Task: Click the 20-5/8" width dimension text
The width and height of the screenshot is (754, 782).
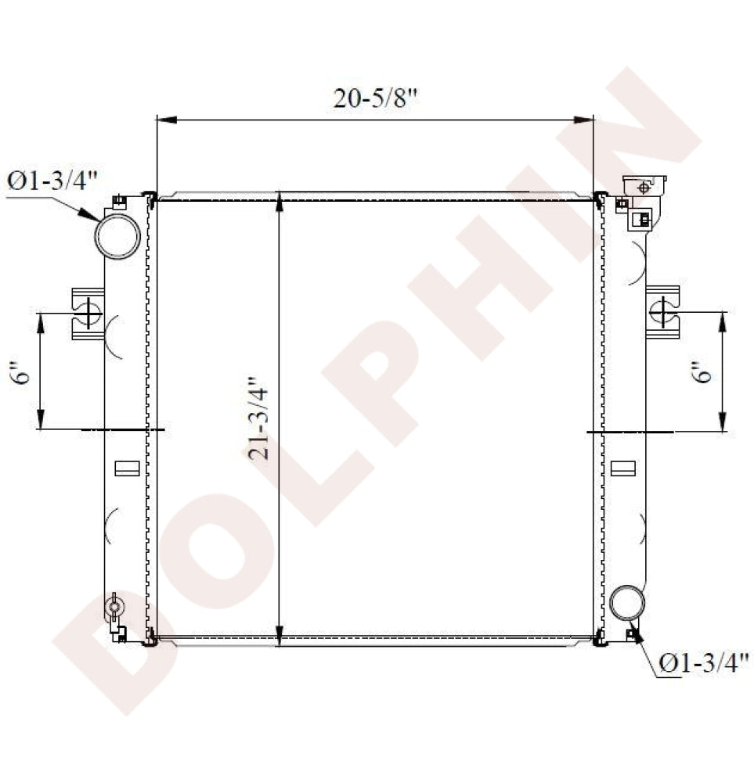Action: click(375, 99)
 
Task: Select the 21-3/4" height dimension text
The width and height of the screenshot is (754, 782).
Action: click(258, 418)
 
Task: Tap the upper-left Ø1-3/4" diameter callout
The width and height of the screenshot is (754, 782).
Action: click(52, 181)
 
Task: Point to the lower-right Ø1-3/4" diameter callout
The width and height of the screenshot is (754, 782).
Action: click(704, 663)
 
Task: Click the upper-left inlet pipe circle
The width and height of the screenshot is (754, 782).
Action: click(117, 236)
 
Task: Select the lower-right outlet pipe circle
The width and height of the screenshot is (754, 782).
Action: click(627, 603)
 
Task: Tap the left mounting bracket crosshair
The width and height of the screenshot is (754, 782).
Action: click(89, 313)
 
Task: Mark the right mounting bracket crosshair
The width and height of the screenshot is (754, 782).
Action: click(663, 312)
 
